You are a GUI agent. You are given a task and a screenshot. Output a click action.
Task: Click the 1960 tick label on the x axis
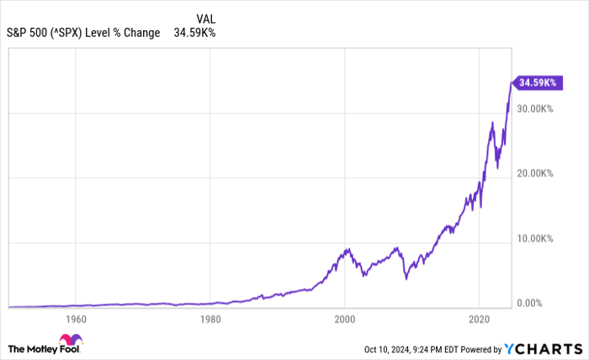pyautogui.click(x=76, y=320)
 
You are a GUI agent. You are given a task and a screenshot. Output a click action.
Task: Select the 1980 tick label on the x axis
pyautogui.click(x=210, y=320)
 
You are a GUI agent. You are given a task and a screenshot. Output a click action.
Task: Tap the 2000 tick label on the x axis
pyautogui.click(x=344, y=320)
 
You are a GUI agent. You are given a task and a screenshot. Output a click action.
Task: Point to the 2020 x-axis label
pyautogui.click(x=479, y=320)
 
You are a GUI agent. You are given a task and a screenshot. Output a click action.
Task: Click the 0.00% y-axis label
pyautogui.click(x=536, y=303)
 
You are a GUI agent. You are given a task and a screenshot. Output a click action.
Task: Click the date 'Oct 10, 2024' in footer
pyautogui.click(x=391, y=348)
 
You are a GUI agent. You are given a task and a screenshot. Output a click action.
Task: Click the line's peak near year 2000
pyautogui.click(x=346, y=249)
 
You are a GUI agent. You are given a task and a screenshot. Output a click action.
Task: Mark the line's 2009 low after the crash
pyautogui.click(x=406, y=278)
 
